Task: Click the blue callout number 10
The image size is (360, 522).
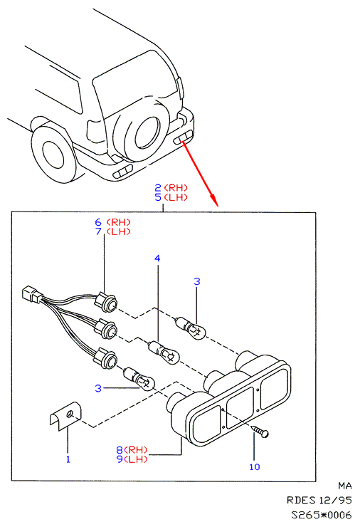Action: click(255, 466)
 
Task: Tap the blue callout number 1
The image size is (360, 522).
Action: click(68, 459)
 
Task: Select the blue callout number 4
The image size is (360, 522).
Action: click(157, 258)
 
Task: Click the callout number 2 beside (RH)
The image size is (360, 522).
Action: click(158, 188)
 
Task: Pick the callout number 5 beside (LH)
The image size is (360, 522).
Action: click(158, 197)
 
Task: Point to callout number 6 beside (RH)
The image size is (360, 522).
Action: click(98, 222)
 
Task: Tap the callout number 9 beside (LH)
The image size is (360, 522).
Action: click(120, 459)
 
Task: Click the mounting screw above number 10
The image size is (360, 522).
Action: click(260, 431)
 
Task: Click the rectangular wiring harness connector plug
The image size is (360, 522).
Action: click(31, 295)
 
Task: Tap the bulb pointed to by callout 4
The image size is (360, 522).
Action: click(164, 353)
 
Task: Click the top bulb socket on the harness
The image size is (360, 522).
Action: click(105, 302)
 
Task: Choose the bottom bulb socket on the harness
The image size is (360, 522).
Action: click(105, 359)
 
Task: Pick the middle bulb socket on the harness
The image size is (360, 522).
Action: click(105, 330)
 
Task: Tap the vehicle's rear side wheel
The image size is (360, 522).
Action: click(53, 153)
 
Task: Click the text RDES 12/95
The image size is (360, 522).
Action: click(319, 501)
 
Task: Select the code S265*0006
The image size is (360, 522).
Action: click(322, 515)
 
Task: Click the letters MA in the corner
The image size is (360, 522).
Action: click(345, 486)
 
